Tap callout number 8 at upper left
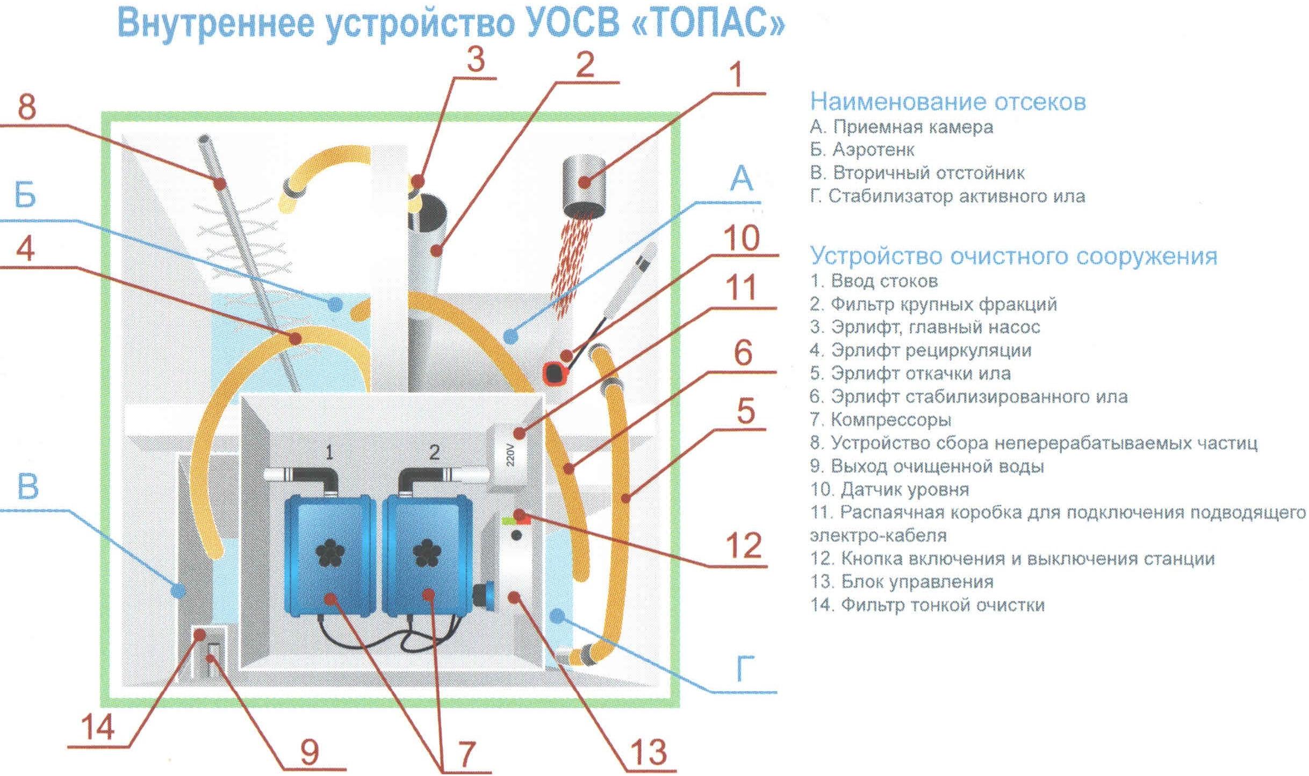tap(27, 107)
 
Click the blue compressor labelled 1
tap(330, 555)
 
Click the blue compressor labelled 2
tap(428, 555)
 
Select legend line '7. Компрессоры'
tap(880, 420)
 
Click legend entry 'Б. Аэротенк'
tap(862, 149)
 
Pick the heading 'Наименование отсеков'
tap(948, 102)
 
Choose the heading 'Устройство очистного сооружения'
tap(1013, 256)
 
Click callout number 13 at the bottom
tap(649, 751)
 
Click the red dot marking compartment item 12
tap(519, 514)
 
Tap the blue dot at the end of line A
tap(510, 337)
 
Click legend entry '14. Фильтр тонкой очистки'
tap(927, 605)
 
